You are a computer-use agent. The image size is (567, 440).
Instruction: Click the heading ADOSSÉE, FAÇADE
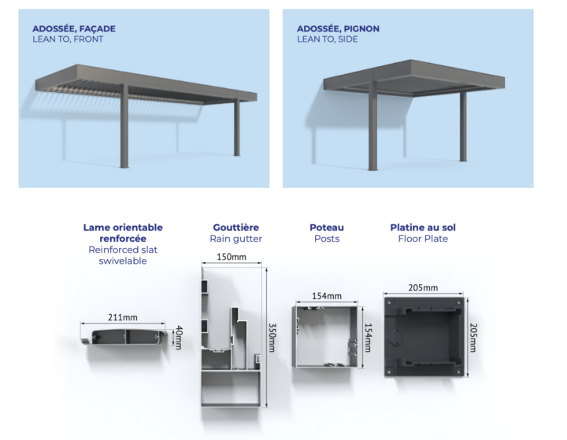click(x=74, y=29)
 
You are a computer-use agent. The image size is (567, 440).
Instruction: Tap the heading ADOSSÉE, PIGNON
click(x=338, y=29)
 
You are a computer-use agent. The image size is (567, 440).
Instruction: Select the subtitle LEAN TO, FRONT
click(x=68, y=39)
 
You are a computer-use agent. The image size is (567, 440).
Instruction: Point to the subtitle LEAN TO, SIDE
click(x=328, y=39)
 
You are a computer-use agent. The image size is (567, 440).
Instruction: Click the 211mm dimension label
click(x=123, y=317)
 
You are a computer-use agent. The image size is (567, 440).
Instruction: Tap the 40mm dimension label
click(x=179, y=338)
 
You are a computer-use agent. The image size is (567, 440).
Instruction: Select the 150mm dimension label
click(x=232, y=257)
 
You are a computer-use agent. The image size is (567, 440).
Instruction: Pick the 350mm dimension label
click(x=272, y=338)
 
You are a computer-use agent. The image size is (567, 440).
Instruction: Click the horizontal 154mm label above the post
click(x=327, y=296)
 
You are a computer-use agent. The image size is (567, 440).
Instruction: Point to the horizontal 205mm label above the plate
click(x=423, y=288)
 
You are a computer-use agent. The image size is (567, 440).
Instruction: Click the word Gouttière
click(x=235, y=227)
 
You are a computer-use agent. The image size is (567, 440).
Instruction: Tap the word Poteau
click(x=327, y=227)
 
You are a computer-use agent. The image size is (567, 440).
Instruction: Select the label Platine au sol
click(x=423, y=227)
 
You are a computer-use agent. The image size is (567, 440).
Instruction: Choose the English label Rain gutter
click(x=235, y=238)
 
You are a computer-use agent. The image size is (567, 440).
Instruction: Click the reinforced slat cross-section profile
click(x=124, y=337)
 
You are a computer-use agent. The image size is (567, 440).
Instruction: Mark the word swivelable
click(x=123, y=261)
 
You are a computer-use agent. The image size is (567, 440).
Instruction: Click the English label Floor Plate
click(x=423, y=238)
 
